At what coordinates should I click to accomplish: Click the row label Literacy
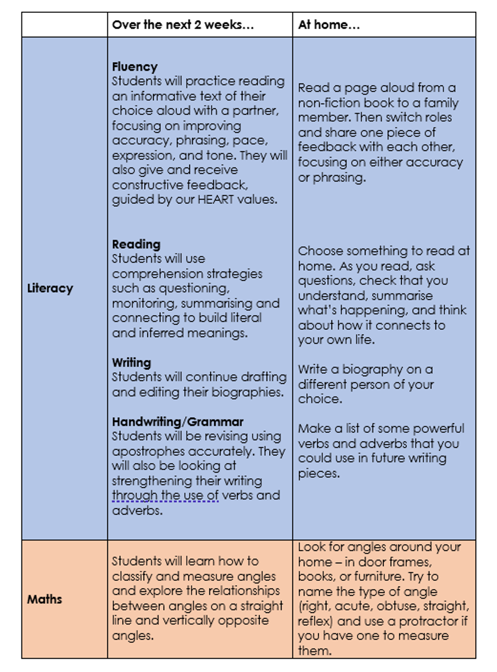point(50,288)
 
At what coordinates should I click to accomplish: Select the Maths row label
point(44,599)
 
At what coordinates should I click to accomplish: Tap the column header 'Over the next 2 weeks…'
point(183,25)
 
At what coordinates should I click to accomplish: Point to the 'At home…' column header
point(329,25)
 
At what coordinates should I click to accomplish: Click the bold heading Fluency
point(134,67)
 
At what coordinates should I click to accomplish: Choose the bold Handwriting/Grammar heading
point(177,422)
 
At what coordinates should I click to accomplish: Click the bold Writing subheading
point(131,362)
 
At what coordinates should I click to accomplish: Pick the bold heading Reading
point(136,244)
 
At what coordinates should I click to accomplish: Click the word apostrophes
point(147,451)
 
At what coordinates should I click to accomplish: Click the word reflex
point(313,621)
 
